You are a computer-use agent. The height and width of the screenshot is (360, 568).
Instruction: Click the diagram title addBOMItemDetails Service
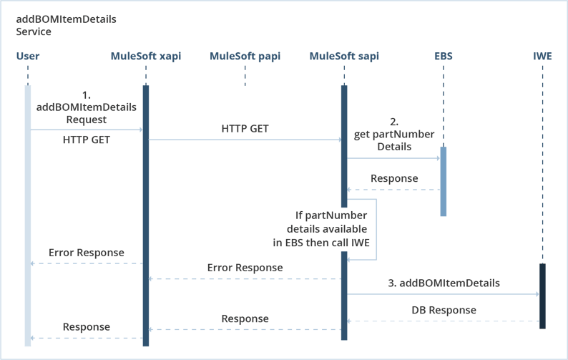click(x=66, y=26)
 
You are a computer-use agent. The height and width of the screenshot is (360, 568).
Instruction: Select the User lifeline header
click(x=27, y=56)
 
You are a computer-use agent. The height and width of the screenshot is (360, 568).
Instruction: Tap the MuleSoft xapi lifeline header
click(x=145, y=56)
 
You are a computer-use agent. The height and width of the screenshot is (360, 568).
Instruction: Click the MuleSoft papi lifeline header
click(x=244, y=56)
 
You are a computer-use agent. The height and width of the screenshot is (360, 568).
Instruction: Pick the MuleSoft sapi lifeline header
click(x=344, y=56)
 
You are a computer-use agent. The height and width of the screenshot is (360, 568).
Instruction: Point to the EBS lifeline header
click(x=443, y=56)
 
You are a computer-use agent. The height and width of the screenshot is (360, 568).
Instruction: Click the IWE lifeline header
click(x=542, y=56)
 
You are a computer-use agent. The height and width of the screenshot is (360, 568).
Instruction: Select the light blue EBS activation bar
click(x=443, y=180)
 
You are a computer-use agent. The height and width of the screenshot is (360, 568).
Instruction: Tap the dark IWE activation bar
click(x=542, y=296)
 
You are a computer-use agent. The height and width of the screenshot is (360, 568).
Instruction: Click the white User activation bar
click(x=27, y=215)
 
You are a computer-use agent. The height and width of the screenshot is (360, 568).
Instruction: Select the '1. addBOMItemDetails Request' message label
click(x=87, y=107)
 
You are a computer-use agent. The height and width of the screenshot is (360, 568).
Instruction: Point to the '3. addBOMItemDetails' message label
click(x=444, y=283)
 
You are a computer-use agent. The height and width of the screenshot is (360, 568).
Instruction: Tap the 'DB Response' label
click(x=444, y=311)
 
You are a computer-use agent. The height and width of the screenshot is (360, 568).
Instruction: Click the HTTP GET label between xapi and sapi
click(x=245, y=129)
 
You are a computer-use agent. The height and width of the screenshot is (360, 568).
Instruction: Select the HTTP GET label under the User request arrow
click(x=86, y=141)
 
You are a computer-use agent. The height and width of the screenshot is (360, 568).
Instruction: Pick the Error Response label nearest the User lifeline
click(x=86, y=253)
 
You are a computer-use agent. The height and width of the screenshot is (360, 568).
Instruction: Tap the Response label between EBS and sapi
click(x=394, y=178)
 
